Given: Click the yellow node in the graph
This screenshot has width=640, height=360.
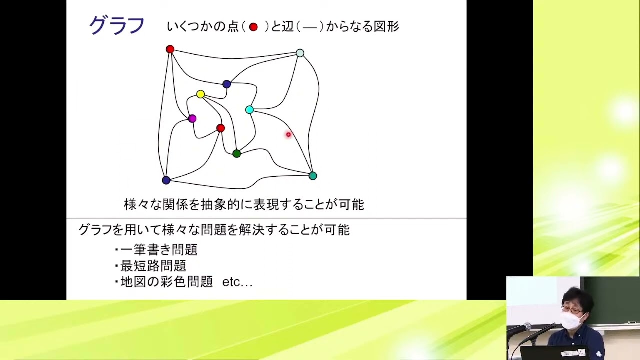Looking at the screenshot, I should [200, 94].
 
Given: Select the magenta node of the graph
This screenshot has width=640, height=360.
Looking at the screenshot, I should [192, 118].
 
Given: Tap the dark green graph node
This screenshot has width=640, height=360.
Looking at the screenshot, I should [237, 153].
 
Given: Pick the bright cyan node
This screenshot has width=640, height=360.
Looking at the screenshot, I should [249, 110].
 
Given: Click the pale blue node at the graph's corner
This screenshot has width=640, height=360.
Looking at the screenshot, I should [300, 53].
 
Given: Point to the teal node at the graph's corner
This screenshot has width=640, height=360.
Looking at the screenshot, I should [313, 176].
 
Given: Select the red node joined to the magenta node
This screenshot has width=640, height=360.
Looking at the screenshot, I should [220, 128].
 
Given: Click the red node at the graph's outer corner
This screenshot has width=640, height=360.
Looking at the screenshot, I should [170, 49].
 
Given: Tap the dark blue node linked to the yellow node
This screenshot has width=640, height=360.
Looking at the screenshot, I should [227, 84].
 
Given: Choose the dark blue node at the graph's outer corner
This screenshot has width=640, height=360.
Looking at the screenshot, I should [166, 180].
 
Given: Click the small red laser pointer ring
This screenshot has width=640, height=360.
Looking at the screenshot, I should [288, 134].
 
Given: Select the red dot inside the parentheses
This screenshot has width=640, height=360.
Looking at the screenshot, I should [253, 27].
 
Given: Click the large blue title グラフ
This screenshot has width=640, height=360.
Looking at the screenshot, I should [117, 25].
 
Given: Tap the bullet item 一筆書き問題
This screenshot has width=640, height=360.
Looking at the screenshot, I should [159, 249].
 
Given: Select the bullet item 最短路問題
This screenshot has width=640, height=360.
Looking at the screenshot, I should [153, 266].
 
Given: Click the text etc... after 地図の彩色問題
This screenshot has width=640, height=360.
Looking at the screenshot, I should [237, 282].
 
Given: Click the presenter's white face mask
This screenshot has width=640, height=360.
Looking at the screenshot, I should [571, 320].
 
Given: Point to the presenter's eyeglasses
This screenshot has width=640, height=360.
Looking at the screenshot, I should [571, 310].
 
